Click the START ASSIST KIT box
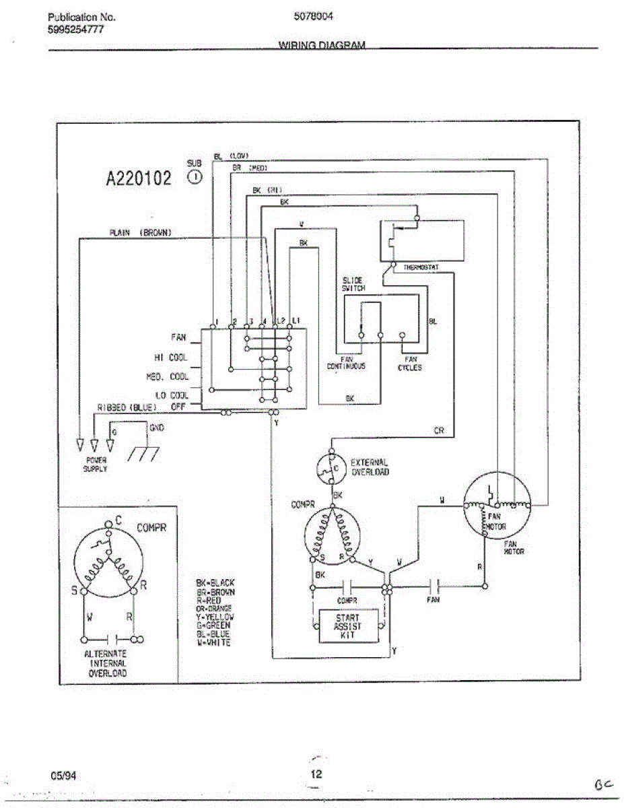pos(347,626)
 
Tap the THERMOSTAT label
pos(421,267)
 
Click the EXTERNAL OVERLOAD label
pos(370,467)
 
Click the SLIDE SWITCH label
pos(353,283)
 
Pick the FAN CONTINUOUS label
pos(346,363)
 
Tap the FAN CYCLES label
pos(409,364)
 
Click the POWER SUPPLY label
pos(95,464)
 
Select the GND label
pos(156,428)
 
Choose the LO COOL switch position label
pos(172,395)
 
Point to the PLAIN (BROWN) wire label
pos(140,232)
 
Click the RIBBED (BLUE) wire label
pos(127,407)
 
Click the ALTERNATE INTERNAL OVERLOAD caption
pos(105,663)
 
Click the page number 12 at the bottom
pos(316,774)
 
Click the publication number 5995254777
pos(75,29)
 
